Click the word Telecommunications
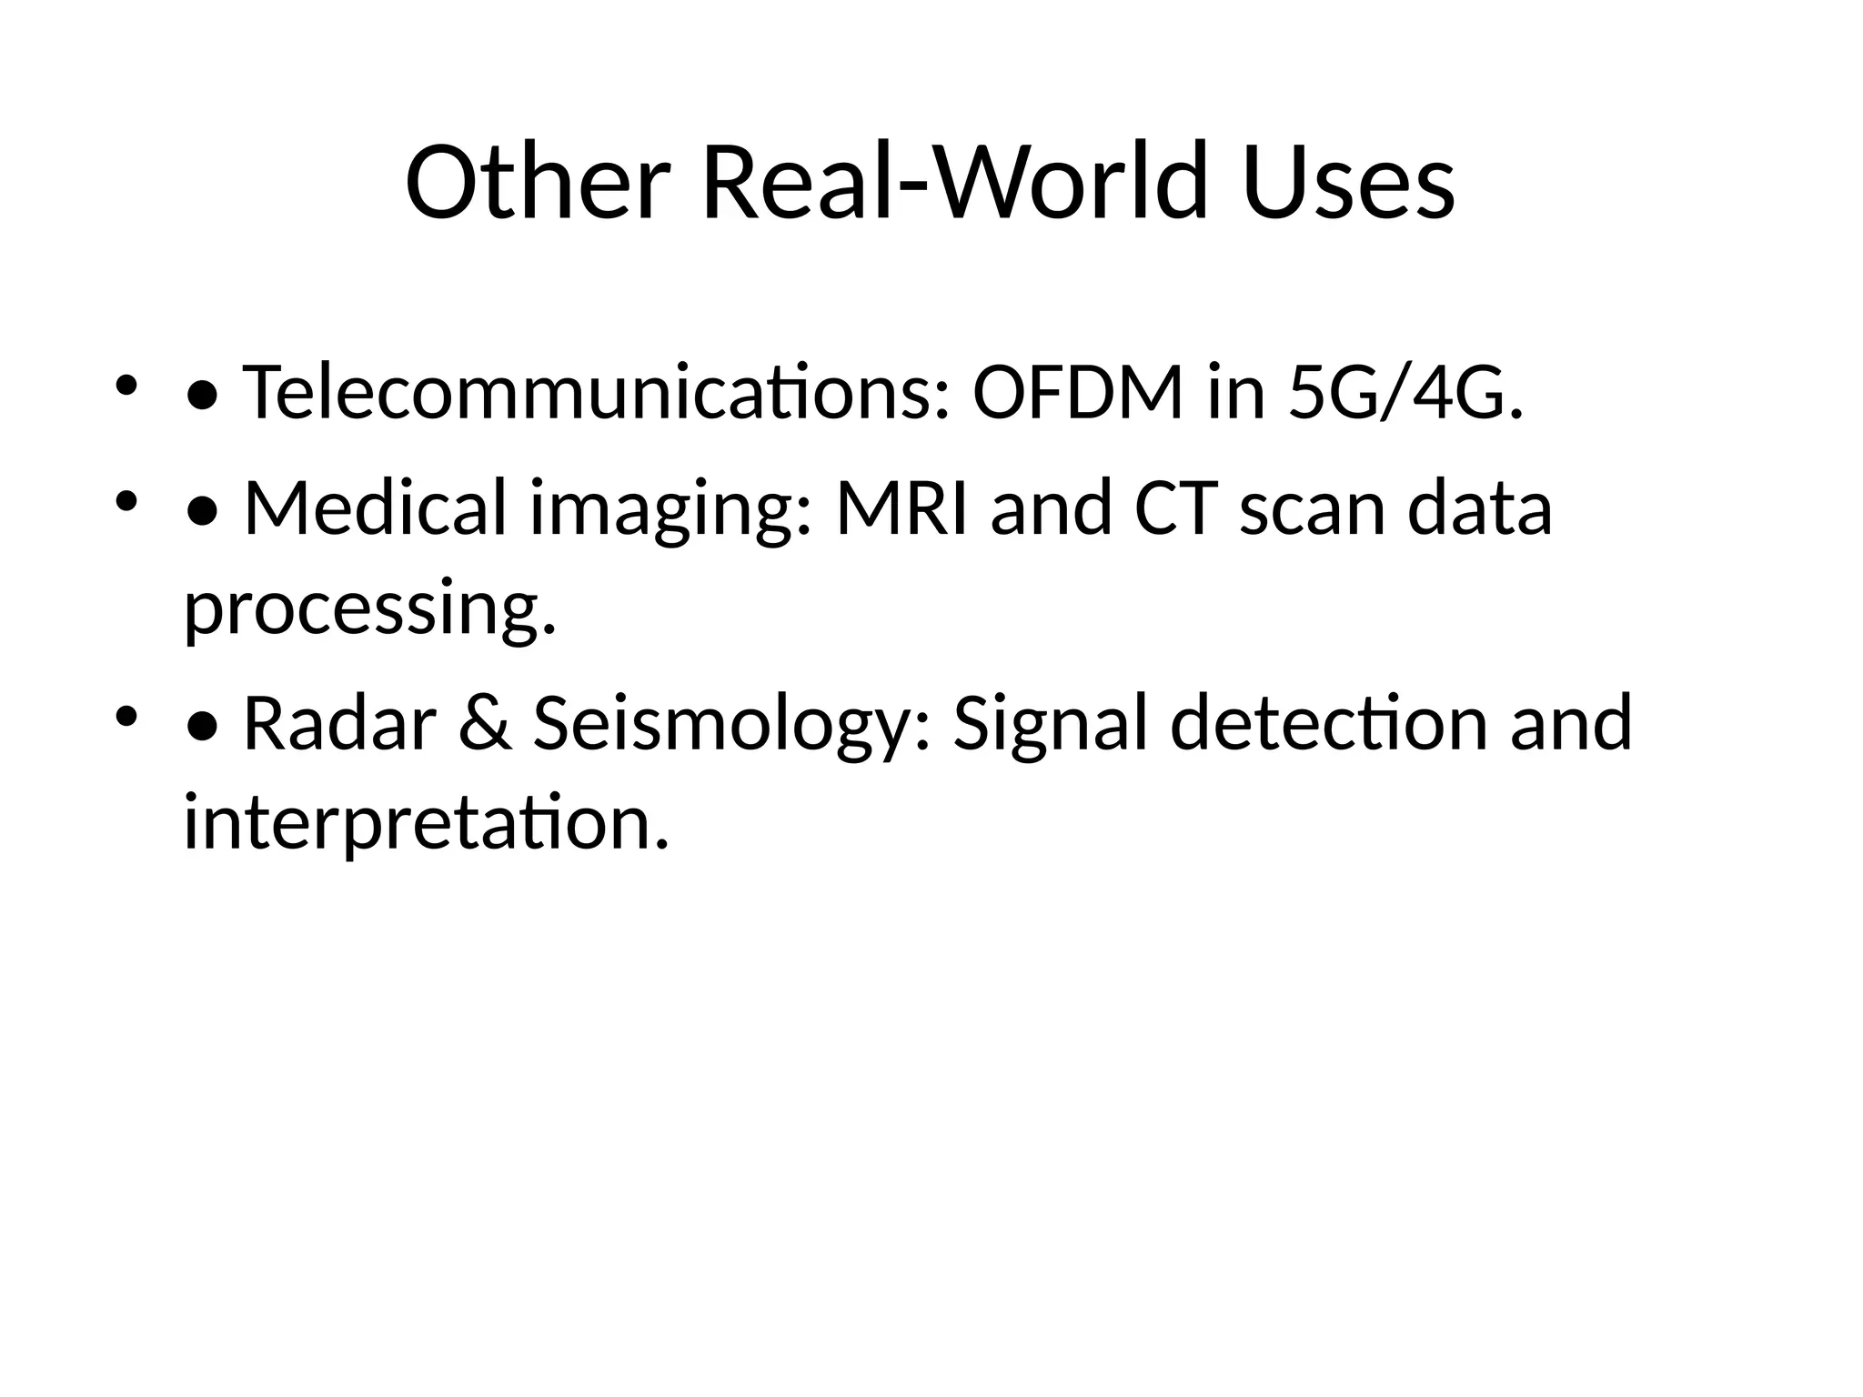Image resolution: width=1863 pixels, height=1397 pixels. (x=597, y=392)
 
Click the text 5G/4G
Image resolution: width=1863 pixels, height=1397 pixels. (x=1405, y=392)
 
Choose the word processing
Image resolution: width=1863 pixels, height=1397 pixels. (x=369, y=611)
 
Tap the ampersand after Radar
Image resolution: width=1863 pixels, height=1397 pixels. (x=485, y=723)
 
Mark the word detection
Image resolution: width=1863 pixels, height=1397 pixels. (x=1328, y=723)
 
